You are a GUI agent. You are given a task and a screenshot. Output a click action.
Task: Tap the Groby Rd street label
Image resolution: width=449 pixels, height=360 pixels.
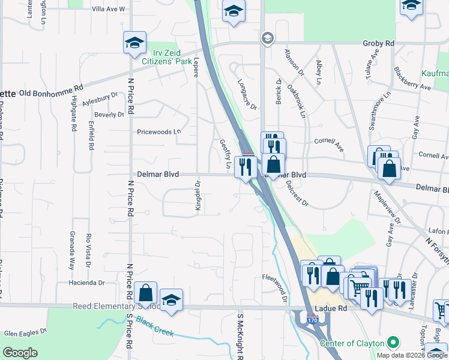coord(378,43)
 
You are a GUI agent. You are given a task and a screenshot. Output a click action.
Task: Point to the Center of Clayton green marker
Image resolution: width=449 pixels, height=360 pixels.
coord(393,343)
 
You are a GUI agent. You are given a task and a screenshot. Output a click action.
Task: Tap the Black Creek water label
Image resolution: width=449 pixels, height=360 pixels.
coord(155,329)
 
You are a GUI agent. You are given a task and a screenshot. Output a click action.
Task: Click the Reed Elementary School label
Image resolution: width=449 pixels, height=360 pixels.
coord(116,306)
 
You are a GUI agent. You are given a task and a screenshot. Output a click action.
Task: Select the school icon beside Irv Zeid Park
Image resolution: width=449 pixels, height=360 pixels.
coord(134,42)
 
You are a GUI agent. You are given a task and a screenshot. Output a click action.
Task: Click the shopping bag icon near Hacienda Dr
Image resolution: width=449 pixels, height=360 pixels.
coord(146,293)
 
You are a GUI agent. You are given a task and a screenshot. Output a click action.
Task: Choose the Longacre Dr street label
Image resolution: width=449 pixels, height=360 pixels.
coord(247,94)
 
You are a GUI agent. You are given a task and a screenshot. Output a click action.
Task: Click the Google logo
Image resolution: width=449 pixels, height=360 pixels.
coord(19,353)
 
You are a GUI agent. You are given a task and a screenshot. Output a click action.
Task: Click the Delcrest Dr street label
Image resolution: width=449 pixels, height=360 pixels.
coord(297,193)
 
